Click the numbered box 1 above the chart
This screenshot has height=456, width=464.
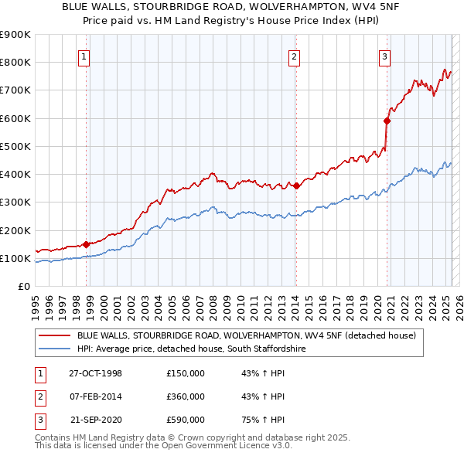(x=83, y=56)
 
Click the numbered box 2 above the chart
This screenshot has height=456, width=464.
(x=295, y=56)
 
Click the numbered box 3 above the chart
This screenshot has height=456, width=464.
(x=384, y=56)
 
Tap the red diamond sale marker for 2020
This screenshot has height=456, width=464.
(x=387, y=121)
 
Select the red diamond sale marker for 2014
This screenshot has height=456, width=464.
(x=296, y=185)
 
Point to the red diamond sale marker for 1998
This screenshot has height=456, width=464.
(x=87, y=244)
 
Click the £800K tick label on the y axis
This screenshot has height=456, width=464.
(x=15, y=63)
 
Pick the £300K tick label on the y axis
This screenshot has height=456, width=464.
(x=15, y=202)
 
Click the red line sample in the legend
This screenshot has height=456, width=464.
(x=54, y=336)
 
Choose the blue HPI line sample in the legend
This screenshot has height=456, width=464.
(x=54, y=349)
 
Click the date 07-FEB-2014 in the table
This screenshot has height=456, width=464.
(x=96, y=396)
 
